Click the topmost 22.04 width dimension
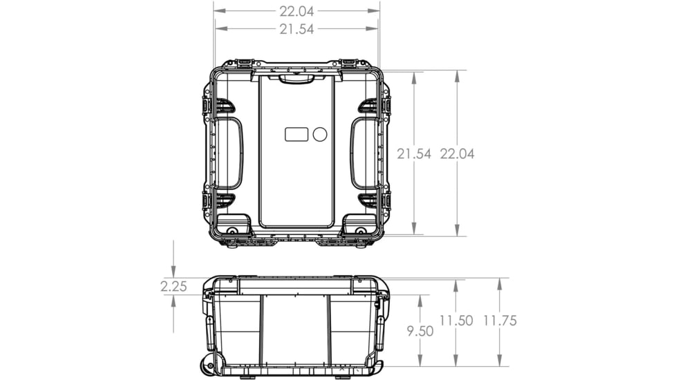297,11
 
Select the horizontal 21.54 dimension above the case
297,29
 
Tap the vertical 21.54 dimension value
413,154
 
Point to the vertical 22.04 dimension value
457,154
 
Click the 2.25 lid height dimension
173,286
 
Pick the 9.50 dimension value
420,331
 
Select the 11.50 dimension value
456,321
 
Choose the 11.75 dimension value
499,321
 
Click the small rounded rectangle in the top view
296,134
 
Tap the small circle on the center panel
319,134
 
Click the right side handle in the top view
364,153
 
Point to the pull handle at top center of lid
297,79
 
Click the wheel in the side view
207,365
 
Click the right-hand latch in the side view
380,332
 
